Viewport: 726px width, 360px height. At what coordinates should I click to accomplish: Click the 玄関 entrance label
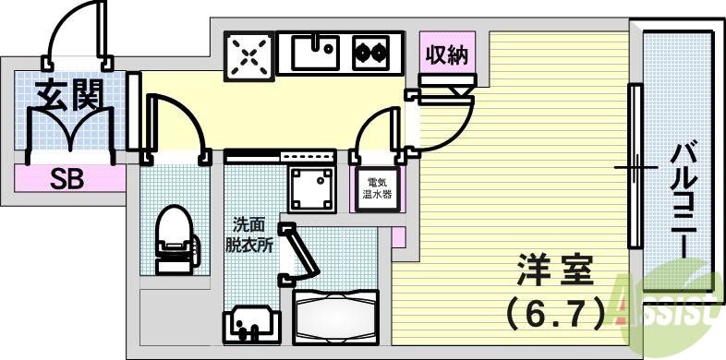click(x=68, y=94)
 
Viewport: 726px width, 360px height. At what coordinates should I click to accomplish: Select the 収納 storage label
click(x=446, y=56)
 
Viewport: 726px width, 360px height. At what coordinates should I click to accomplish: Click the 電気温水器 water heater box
click(x=379, y=188)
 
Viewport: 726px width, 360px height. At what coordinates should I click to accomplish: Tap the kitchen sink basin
click(x=316, y=52)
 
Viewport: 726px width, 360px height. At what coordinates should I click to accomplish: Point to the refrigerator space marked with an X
click(x=249, y=56)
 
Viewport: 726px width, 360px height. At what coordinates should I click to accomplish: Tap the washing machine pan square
click(x=311, y=187)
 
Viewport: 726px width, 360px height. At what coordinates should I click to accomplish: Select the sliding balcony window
click(x=634, y=166)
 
